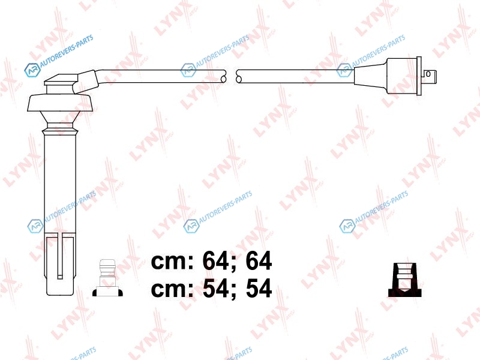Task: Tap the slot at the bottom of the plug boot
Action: click(x=60, y=257)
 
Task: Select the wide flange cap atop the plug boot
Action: click(x=60, y=103)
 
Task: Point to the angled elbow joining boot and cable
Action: click(x=86, y=81)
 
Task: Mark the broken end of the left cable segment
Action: click(x=223, y=77)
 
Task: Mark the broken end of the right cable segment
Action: click(x=239, y=77)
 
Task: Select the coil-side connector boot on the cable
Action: click(x=386, y=76)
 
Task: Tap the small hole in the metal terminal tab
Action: click(x=428, y=74)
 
